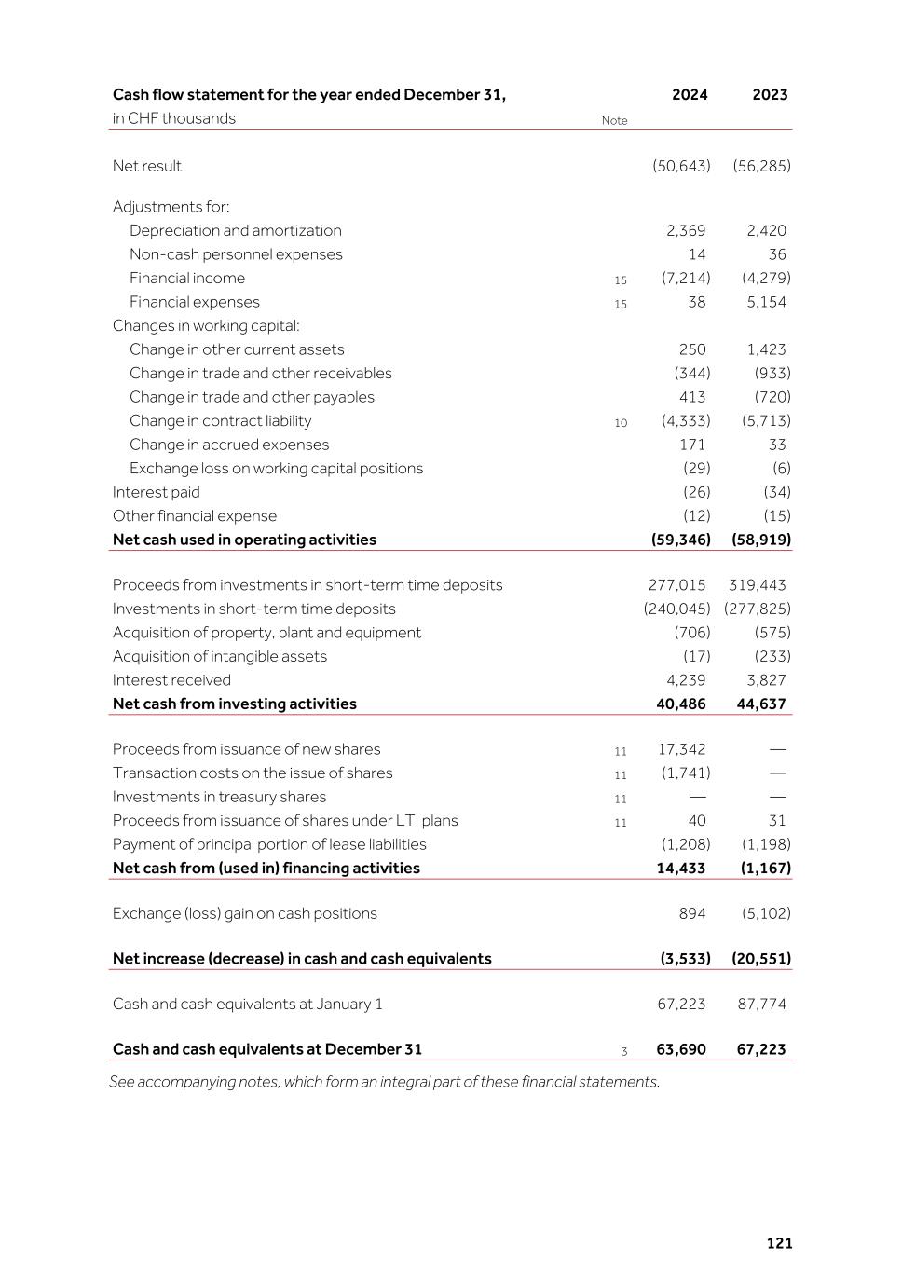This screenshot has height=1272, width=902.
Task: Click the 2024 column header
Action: click(x=690, y=95)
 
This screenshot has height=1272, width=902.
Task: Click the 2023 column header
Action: click(x=770, y=95)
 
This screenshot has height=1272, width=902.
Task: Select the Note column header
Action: click(x=614, y=120)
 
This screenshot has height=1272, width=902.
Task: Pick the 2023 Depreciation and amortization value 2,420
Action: click(x=766, y=230)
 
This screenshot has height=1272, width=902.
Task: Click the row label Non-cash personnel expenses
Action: click(x=236, y=254)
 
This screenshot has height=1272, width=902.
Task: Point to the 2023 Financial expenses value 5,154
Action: click(x=766, y=302)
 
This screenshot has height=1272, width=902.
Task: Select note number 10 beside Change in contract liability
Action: click(x=621, y=422)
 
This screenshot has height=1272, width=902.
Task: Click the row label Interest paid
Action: click(x=156, y=492)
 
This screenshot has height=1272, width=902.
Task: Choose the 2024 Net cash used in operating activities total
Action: click(x=680, y=540)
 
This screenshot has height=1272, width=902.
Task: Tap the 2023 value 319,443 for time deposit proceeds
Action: click(x=757, y=585)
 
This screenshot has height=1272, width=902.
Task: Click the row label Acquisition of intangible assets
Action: click(x=220, y=656)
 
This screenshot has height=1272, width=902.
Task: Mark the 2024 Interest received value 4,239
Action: click(x=686, y=680)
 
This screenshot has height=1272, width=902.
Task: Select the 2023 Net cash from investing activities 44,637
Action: click(x=760, y=704)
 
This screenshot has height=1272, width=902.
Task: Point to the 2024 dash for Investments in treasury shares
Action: click(x=697, y=797)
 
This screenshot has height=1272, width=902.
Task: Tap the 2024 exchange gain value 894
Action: click(x=692, y=913)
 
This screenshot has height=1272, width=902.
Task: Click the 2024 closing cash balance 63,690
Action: click(x=680, y=1049)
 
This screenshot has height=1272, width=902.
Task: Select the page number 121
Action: click(x=779, y=1243)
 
